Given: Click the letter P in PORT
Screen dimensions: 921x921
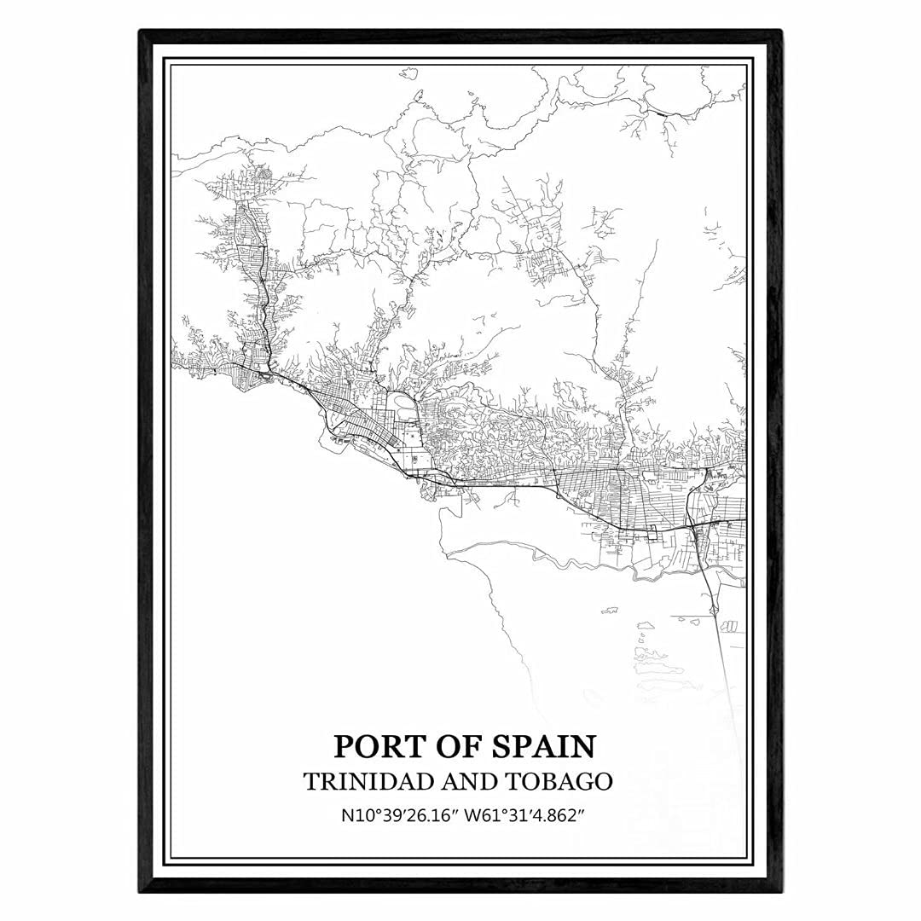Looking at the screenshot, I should tap(343, 746).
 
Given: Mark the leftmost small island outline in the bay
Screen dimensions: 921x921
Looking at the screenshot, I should tap(609, 611).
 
